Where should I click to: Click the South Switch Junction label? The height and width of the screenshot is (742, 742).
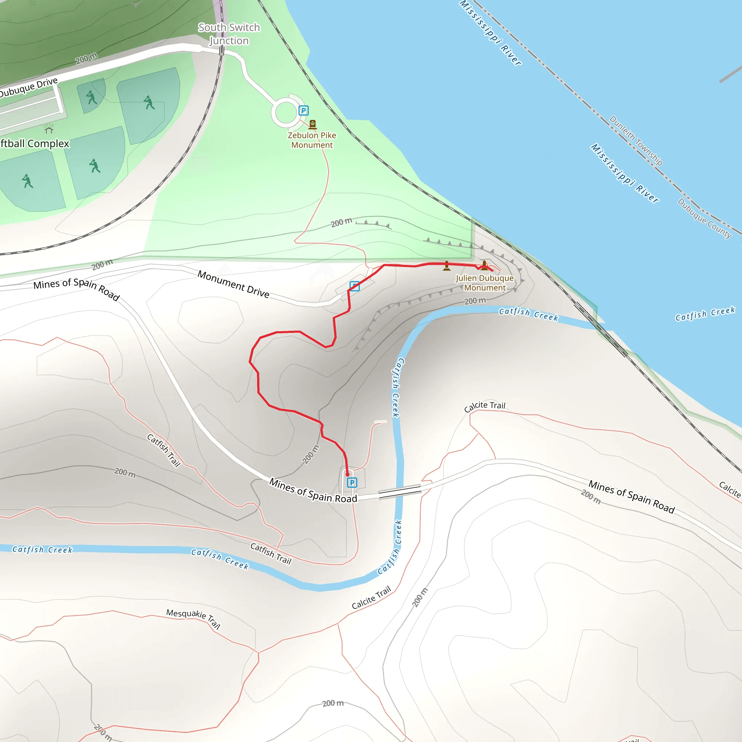[x=229, y=34]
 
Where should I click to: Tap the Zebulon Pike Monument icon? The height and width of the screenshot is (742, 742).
[x=313, y=124]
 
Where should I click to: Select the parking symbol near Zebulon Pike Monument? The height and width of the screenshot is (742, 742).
[x=303, y=111]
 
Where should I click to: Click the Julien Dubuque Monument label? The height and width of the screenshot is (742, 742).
[x=485, y=283]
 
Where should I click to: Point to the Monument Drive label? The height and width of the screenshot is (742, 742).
[x=233, y=284]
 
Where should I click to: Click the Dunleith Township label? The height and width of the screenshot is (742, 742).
[x=635, y=140]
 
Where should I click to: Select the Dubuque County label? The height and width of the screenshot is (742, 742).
[x=704, y=218]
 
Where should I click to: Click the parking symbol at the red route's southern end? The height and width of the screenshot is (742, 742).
[x=352, y=482]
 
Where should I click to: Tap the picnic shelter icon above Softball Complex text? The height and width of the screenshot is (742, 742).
[x=49, y=128]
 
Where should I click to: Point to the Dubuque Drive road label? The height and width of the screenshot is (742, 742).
[x=29, y=88]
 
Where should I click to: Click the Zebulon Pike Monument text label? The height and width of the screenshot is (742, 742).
[x=312, y=140]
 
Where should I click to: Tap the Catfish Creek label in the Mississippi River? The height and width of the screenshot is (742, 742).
[x=705, y=314]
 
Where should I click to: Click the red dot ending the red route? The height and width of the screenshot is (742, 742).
[x=347, y=475]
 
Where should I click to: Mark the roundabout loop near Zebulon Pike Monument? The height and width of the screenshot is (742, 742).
[x=285, y=113]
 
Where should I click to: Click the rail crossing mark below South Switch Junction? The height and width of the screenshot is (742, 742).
[x=222, y=51]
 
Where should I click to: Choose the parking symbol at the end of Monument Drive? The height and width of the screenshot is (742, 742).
[x=354, y=286]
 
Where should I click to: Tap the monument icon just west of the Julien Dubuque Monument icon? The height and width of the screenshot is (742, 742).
[x=447, y=266]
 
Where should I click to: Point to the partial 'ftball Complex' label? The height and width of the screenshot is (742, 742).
[x=34, y=143]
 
